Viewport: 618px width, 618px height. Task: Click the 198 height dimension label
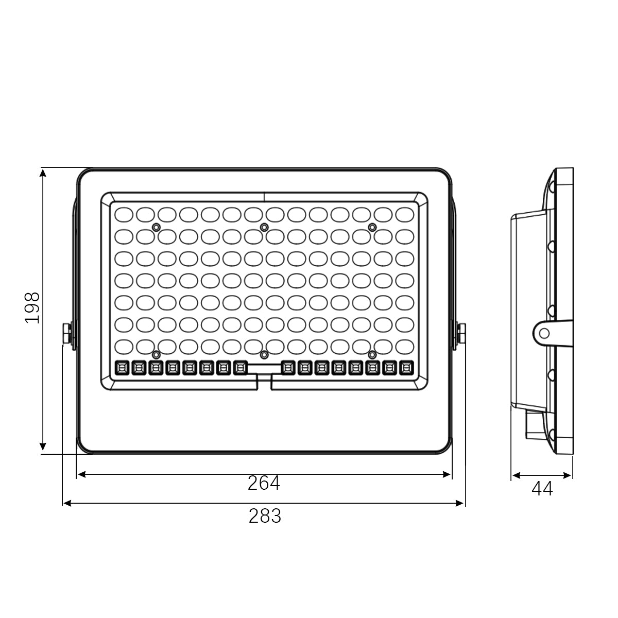[32, 308]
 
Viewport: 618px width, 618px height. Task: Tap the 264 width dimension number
[264, 483]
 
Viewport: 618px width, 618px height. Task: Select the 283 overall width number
[265, 516]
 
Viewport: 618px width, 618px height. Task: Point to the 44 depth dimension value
[542, 489]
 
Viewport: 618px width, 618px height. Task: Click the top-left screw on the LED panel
[156, 228]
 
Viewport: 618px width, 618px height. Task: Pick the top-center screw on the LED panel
[264, 228]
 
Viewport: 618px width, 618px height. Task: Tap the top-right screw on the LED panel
[372, 228]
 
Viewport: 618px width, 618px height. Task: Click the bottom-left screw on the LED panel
[156, 355]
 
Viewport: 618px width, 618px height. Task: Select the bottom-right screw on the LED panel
[372, 355]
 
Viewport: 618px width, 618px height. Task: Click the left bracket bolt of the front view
[66, 334]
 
